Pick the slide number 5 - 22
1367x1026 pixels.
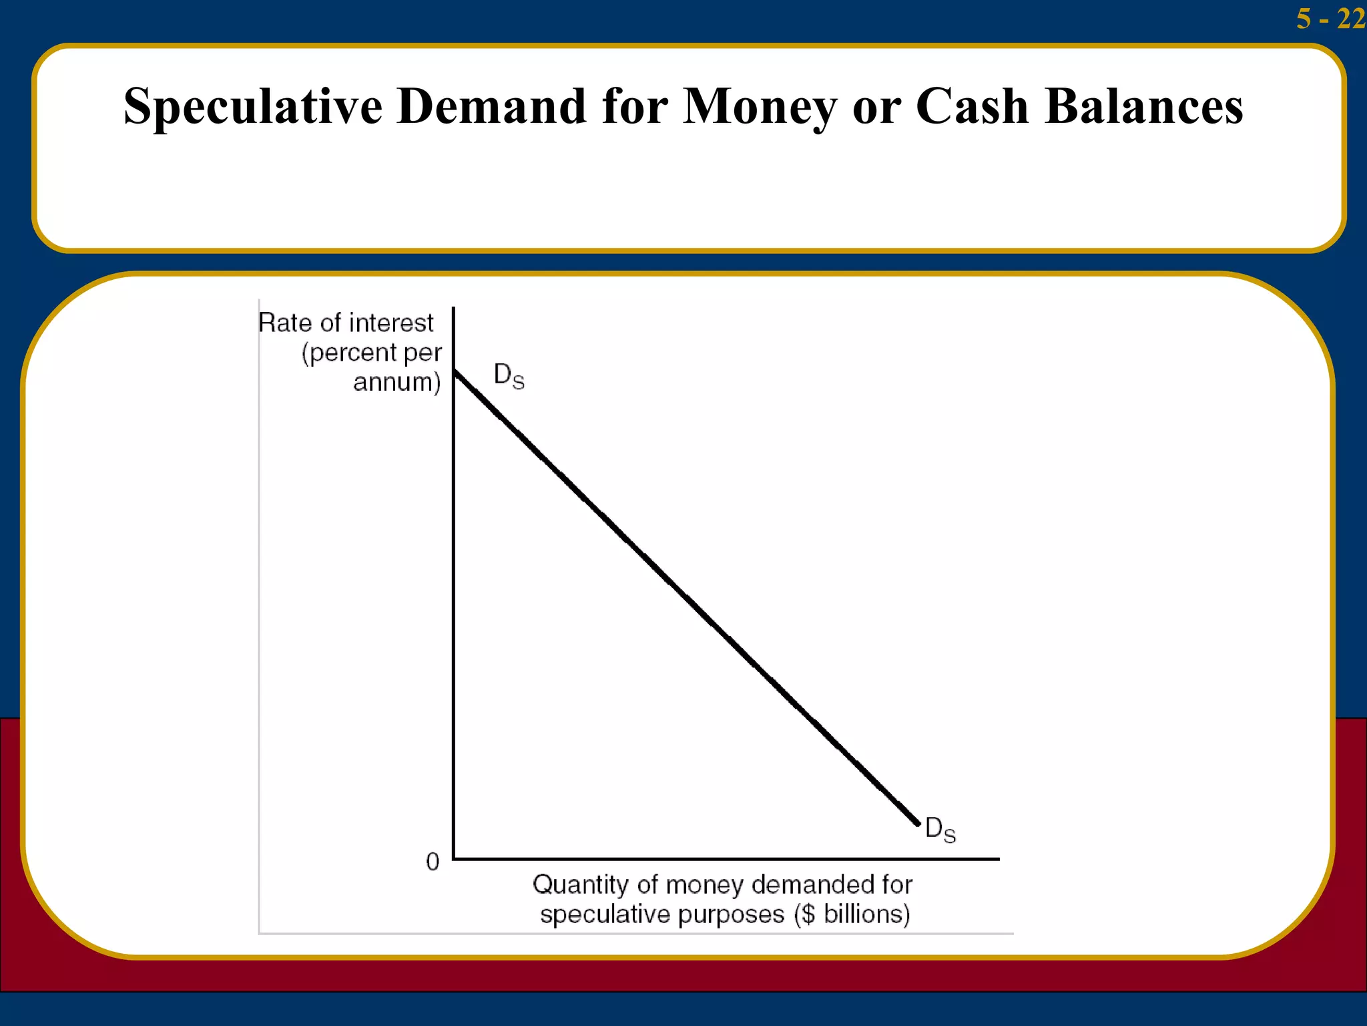pos(1330,18)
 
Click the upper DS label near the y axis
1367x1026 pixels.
pos(509,376)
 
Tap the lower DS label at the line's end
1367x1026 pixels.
pos(940,830)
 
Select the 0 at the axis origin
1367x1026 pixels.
pos(433,862)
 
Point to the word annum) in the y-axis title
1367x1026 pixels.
pos(396,382)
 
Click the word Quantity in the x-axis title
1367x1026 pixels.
pos(581,885)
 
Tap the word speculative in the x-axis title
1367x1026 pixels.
pos(595,914)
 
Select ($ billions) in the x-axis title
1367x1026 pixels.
pos(852,914)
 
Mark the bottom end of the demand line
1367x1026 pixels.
pos(918,824)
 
